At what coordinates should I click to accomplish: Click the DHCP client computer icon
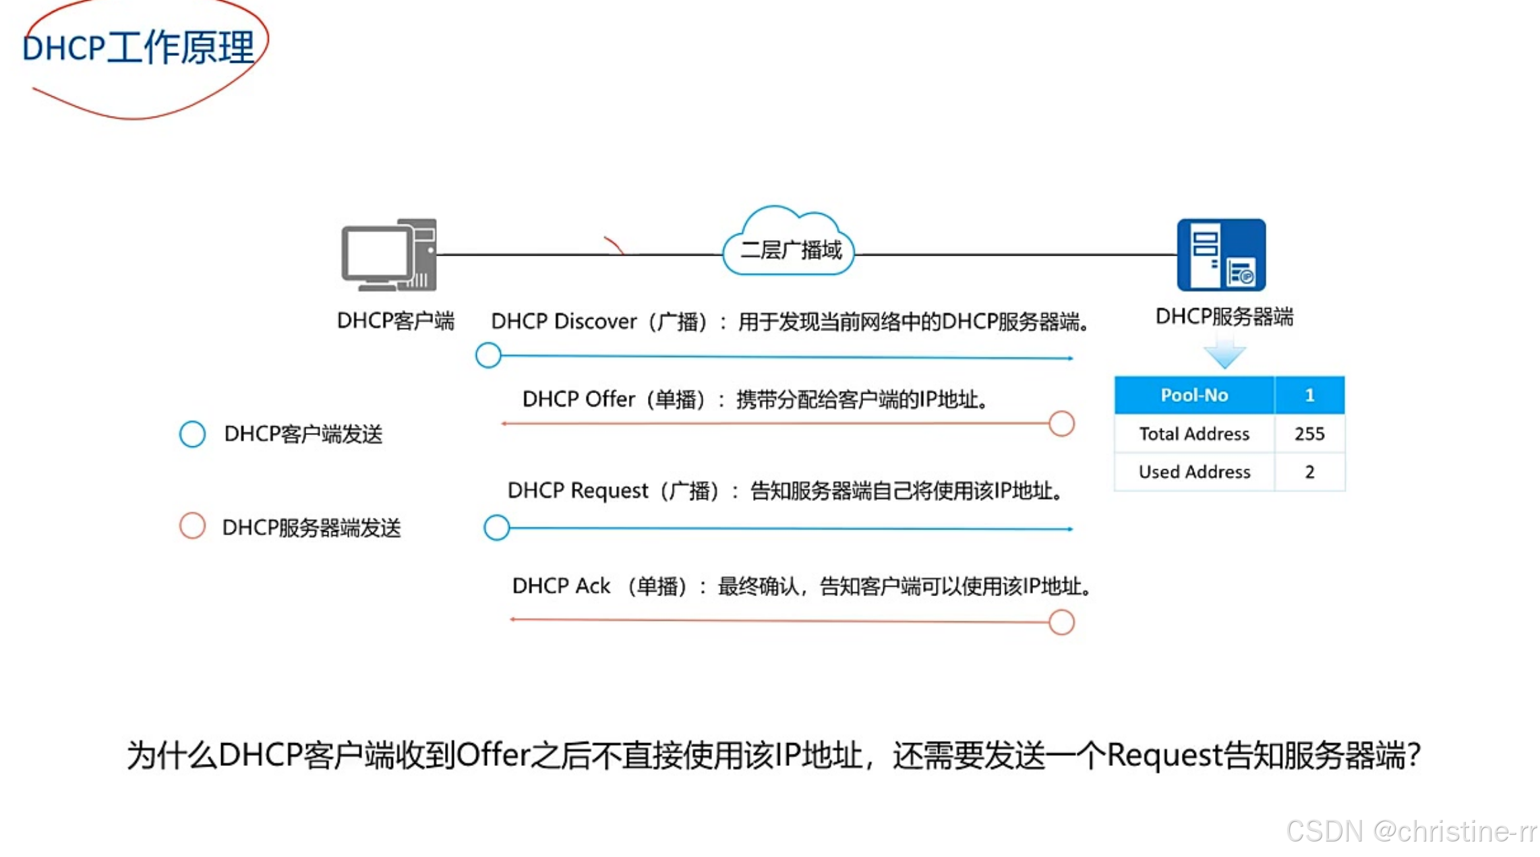(x=389, y=255)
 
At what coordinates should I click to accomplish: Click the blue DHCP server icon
(x=1221, y=255)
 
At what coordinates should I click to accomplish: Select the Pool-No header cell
(x=1193, y=395)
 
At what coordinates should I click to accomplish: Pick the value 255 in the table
(x=1309, y=434)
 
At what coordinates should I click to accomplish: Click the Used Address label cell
(x=1193, y=472)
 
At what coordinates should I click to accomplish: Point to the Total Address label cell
(x=1193, y=434)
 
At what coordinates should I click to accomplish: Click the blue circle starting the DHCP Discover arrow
(x=488, y=355)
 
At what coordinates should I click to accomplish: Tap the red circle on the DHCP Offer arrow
(x=1061, y=424)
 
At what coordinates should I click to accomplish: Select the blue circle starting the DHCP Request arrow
(x=497, y=527)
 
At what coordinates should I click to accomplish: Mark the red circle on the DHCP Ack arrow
(x=1061, y=622)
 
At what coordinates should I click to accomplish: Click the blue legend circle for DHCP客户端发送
(x=192, y=434)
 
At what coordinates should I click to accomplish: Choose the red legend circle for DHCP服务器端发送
(x=192, y=526)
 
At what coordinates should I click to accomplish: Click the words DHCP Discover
(x=564, y=322)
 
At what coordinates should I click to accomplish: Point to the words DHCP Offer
(x=579, y=399)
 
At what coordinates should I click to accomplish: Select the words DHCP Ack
(x=561, y=586)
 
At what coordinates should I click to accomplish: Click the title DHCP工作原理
(x=138, y=48)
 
